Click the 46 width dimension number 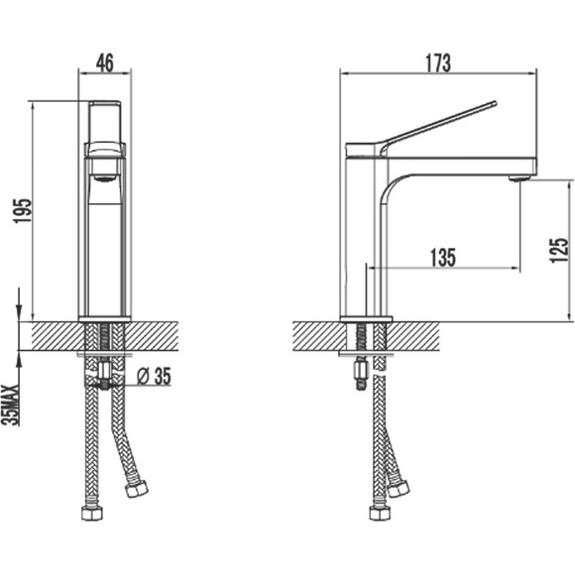click(105, 62)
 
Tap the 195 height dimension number click(23, 211)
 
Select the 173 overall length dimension click(438, 63)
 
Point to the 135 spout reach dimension click(443, 257)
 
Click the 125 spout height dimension click(559, 250)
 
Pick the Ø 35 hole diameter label click(154, 377)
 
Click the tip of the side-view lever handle click(495, 103)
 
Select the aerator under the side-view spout click(518, 178)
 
